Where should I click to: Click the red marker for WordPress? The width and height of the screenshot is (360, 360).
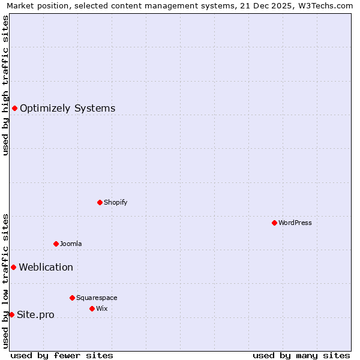(x=274, y=223)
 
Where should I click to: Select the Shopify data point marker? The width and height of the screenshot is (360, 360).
(x=100, y=202)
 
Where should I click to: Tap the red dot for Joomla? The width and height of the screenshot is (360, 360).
(x=56, y=244)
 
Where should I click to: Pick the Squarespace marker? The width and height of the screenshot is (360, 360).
(x=72, y=298)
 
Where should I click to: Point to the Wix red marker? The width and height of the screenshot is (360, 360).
(x=92, y=308)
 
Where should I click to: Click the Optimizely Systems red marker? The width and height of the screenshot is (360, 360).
(x=14, y=108)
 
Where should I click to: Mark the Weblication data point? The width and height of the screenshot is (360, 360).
(x=13, y=267)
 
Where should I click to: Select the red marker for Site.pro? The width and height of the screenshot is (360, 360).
(x=11, y=314)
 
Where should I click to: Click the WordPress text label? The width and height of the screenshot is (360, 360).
(x=295, y=223)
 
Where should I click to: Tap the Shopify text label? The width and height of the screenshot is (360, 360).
(x=116, y=202)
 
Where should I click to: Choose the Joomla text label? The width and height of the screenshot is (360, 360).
(x=71, y=244)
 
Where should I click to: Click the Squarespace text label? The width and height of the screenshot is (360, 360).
(x=97, y=298)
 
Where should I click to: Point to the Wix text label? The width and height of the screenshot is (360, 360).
(x=101, y=308)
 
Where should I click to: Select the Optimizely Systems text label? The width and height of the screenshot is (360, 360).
(x=67, y=108)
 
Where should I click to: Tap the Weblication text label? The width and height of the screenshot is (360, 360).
(x=46, y=267)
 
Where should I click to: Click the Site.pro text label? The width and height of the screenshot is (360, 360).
(x=35, y=314)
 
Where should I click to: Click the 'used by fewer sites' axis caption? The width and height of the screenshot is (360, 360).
(x=62, y=355)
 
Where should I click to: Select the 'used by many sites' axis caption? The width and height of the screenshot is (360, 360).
(x=301, y=355)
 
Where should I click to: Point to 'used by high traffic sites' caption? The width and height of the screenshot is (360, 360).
(x=6, y=85)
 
